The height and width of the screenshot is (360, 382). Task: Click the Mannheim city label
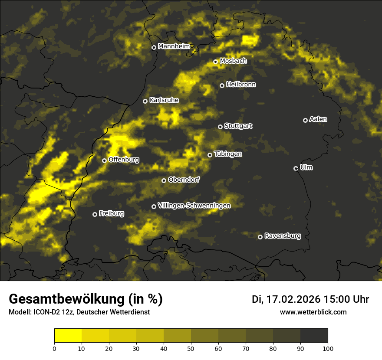coord(174,46)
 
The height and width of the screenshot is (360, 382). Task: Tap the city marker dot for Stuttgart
coord(220,127)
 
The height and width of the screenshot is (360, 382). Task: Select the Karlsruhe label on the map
coord(164,100)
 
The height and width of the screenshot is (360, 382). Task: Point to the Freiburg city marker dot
coord(95,214)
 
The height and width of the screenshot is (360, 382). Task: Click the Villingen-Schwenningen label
coord(194,206)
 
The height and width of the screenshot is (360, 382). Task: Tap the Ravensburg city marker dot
coord(260,237)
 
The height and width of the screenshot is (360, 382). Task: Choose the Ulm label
coord(306,167)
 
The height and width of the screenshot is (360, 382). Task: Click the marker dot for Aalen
coord(305,120)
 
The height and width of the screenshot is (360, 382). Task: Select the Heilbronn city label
coord(241,85)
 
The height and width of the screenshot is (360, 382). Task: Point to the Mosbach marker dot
coord(215,62)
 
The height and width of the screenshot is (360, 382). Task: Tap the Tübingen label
coord(228,154)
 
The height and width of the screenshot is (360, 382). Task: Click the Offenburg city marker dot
coord(104,160)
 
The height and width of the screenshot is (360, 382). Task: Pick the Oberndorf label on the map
coord(184,180)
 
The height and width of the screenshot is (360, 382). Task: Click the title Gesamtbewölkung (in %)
coord(86,299)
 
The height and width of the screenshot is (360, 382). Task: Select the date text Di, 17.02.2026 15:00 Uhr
coord(310,299)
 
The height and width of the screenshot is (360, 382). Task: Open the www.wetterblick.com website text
coord(313,312)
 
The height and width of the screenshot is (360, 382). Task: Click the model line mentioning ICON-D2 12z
coord(79,312)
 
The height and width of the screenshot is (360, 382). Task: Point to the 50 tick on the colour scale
coord(191,348)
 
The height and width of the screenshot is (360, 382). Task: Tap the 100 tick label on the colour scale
coord(328,348)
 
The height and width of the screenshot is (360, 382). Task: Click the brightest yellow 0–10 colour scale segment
coord(68,336)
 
